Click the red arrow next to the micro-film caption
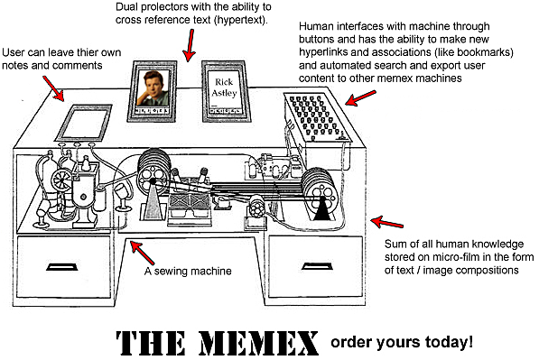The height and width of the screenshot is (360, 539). point(389,222)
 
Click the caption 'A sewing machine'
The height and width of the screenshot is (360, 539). point(188,270)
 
